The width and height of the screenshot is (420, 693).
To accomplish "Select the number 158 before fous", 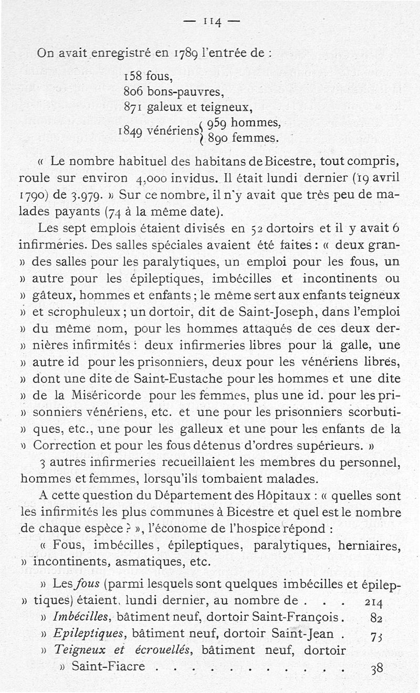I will (134, 77).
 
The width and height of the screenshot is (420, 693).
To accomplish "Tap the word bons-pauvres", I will (186, 92).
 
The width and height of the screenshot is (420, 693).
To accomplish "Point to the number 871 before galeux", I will (133, 109).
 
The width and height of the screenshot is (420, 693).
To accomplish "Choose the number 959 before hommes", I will (217, 124).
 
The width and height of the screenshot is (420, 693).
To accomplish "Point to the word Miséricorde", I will (108, 395).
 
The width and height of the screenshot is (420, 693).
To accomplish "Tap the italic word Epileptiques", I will (88, 634).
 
